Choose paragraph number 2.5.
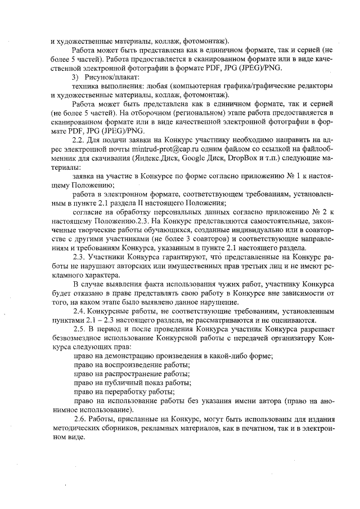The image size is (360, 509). [80, 330]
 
